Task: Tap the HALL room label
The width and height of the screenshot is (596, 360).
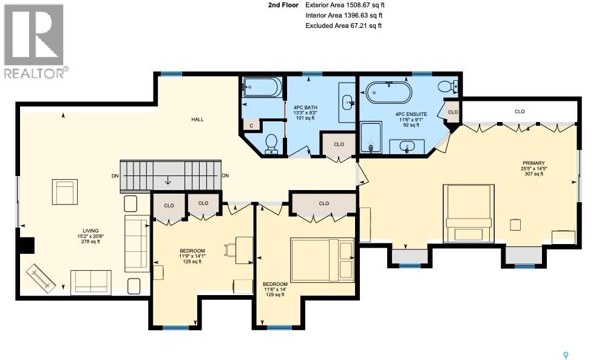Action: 197,120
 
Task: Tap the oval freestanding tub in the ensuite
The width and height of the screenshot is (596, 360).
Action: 388,93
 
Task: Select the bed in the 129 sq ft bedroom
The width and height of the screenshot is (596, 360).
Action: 322,257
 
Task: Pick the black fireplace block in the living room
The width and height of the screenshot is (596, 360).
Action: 27,245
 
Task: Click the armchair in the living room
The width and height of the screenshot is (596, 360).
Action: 64,192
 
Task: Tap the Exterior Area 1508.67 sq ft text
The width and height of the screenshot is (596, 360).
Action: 344,5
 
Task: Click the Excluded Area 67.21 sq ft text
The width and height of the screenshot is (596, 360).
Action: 344,25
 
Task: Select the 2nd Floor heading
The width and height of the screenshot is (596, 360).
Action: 283,5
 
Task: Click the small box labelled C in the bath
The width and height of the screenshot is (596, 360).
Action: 251,125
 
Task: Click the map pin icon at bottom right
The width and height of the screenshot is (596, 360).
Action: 567,354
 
